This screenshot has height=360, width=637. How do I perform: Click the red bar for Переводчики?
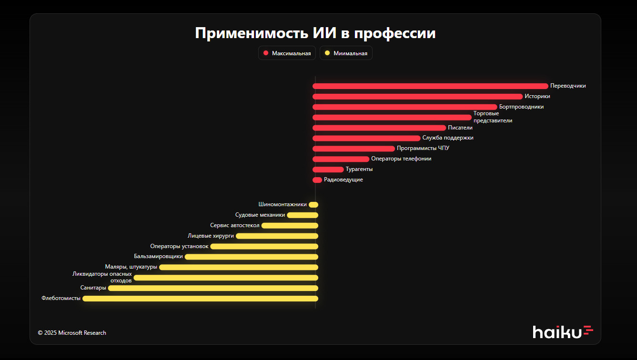pyautogui.click(x=430, y=86)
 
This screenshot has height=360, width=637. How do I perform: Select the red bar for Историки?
pyautogui.click(x=417, y=97)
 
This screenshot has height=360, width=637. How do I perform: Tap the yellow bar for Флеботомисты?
pyautogui.click(x=200, y=299)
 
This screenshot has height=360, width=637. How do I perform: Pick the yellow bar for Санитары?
pyautogui.click(x=213, y=288)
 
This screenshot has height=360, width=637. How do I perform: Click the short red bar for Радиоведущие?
pyautogui.click(x=317, y=180)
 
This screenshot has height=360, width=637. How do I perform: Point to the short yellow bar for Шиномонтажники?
pyautogui.click(x=313, y=205)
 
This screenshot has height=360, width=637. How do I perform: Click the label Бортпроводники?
pyautogui.click(x=521, y=107)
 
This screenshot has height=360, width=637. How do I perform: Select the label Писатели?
pyautogui.click(x=460, y=128)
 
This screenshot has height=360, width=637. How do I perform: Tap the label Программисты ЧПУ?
pyautogui.click(x=423, y=148)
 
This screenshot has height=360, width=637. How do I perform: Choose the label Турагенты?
pyautogui.click(x=359, y=169)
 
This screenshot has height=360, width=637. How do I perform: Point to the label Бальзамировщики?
pyautogui.click(x=158, y=256)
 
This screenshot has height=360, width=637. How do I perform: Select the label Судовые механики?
pyautogui.click(x=260, y=215)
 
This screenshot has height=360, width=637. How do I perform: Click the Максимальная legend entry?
pyautogui.click(x=287, y=53)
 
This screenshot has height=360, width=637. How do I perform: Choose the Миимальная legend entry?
pyautogui.click(x=346, y=53)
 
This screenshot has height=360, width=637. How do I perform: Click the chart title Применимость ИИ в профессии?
pyautogui.click(x=315, y=33)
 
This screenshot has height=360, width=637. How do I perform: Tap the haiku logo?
pyautogui.click(x=563, y=331)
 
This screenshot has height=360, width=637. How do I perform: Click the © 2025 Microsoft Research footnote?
pyautogui.click(x=72, y=333)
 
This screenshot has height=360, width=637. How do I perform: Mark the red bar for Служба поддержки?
pyautogui.click(x=366, y=138)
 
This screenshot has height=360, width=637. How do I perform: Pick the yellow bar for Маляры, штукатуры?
pyautogui.click(x=238, y=267)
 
